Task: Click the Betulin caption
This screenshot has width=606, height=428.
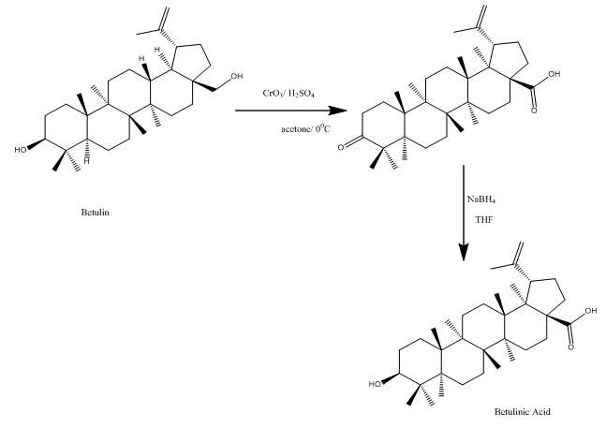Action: tap(96, 212)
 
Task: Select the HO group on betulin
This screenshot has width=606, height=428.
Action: tap(22, 148)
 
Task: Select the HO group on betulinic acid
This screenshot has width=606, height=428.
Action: tap(375, 383)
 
